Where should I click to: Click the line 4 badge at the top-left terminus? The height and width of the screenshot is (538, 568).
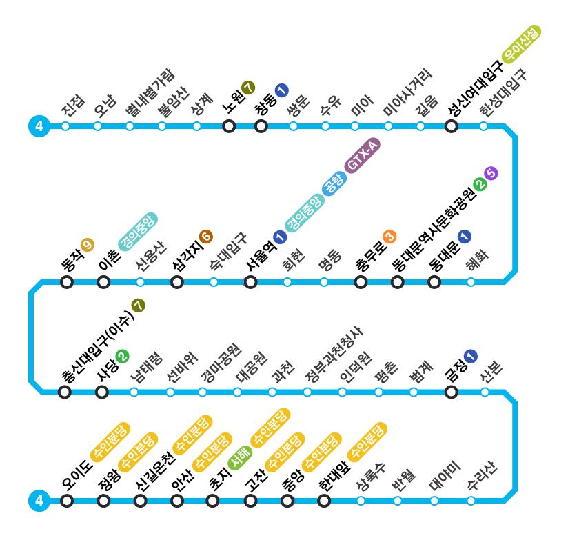click(39, 126)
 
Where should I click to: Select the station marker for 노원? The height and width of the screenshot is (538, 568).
click(229, 126)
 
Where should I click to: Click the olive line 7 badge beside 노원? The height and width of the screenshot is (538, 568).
click(248, 88)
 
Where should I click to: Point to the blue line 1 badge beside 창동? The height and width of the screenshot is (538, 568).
click(281, 89)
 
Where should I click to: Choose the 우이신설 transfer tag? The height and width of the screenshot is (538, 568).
click(522, 44)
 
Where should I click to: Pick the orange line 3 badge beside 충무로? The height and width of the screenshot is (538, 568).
click(389, 237)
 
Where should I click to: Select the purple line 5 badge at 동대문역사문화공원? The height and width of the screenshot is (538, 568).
click(491, 173)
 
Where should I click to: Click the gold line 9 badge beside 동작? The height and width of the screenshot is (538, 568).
click(87, 244)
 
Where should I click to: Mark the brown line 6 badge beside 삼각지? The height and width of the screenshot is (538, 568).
click(205, 237)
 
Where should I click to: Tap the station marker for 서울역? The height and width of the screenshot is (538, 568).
click(251, 281)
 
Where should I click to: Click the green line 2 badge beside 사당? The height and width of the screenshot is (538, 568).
click(122, 356)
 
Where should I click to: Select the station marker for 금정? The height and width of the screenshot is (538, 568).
click(452, 392)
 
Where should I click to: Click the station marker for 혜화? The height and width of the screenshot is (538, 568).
click(471, 281)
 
